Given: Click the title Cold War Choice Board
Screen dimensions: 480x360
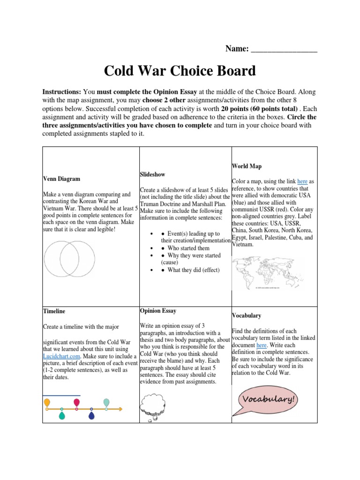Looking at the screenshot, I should [180, 71].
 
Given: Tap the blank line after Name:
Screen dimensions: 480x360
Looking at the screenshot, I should [284, 49].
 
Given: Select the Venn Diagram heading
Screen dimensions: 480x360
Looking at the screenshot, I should [61, 179].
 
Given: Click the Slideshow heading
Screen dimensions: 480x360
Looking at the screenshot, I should [152, 174].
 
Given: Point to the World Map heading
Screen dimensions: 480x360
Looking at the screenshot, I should [247, 166].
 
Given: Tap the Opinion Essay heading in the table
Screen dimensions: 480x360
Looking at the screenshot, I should [158, 310].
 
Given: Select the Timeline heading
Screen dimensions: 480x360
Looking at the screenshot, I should [54, 311].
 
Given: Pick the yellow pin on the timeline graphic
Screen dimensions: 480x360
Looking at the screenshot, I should [47, 403].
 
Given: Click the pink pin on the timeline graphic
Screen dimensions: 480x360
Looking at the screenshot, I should [76, 403].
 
